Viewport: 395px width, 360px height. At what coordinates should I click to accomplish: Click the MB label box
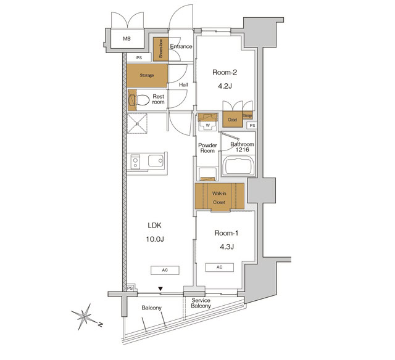point(127,39)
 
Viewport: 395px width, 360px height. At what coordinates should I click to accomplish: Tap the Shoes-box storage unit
point(160,49)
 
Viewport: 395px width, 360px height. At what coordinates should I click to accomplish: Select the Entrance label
point(181,47)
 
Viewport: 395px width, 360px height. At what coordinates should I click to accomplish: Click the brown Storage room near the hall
point(146,75)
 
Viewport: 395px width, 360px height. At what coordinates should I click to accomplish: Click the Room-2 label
point(225,72)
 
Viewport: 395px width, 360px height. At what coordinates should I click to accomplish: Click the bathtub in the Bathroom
point(238,166)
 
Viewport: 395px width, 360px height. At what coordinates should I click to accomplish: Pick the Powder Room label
point(206,147)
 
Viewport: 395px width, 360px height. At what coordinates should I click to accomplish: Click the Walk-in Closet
point(219,197)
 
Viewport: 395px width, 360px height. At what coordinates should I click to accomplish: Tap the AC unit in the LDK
point(165,270)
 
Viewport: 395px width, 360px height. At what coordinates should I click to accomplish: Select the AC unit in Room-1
point(219,268)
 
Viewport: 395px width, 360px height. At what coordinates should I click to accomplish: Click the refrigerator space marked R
point(138,125)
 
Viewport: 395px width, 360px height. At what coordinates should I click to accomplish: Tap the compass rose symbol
point(85,316)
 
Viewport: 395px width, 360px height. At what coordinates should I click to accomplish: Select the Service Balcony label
point(201,303)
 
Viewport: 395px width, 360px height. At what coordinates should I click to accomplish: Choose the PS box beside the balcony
point(130,288)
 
